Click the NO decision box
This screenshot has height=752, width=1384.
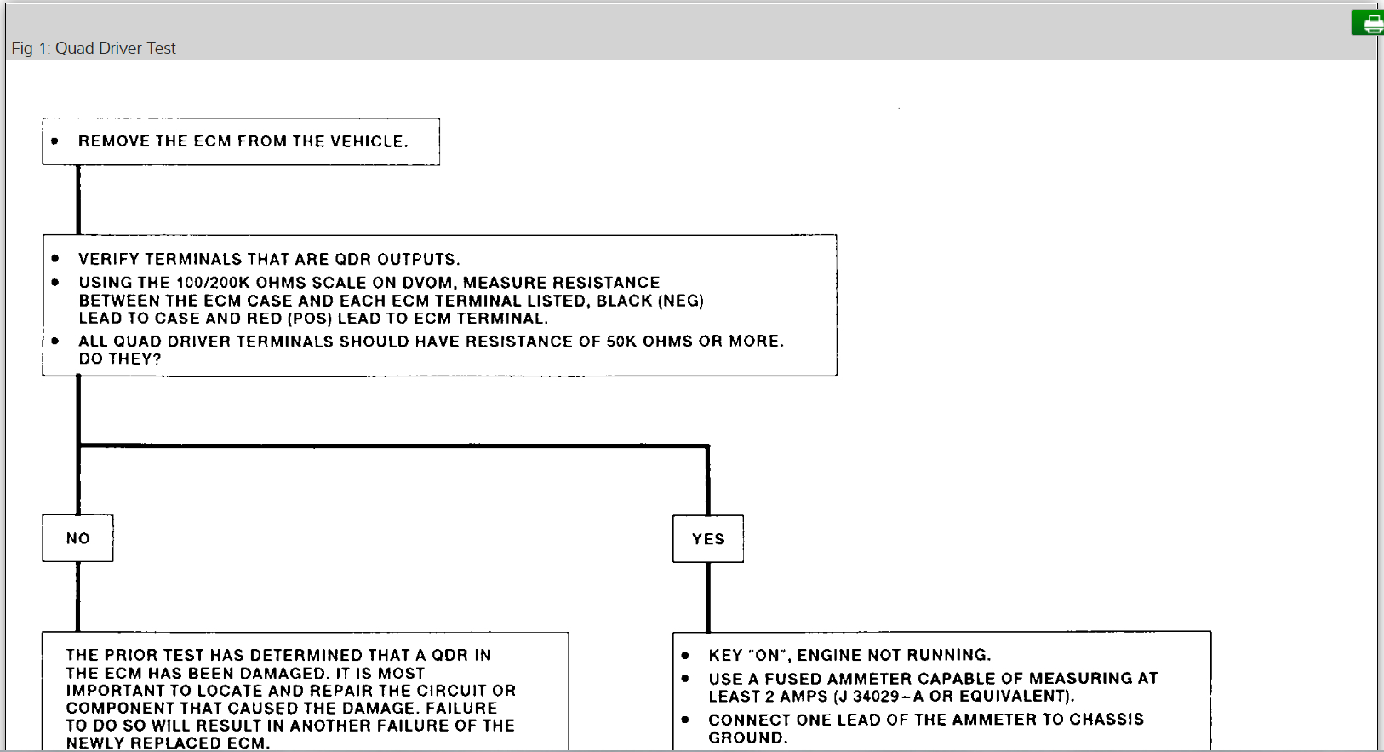[x=77, y=538]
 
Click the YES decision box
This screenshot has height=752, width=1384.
[x=708, y=539]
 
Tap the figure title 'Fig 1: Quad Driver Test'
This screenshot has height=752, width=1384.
[x=94, y=49]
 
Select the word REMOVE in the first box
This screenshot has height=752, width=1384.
[x=113, y=141]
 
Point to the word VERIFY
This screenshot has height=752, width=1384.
[x=109, y=259]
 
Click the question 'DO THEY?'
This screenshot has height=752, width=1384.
[x=120, y=359]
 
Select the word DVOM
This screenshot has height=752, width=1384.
[x=427, y=283]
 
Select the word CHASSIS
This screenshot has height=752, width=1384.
[x=1107, y=720]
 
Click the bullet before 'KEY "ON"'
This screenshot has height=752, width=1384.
[x=685, y=656]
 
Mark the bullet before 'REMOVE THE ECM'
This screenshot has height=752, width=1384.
[x=55, y=141]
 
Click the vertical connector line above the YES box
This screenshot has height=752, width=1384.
[x=708, y=481]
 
